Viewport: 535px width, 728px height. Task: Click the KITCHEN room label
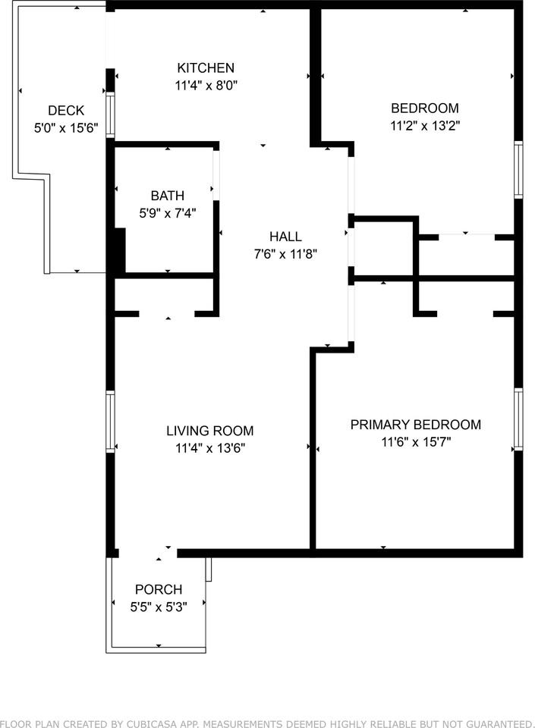point(206,67)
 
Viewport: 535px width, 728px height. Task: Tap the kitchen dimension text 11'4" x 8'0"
point(206,86)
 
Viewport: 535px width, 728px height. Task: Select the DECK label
point(66,111)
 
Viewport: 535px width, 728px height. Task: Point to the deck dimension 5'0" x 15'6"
point(66,127)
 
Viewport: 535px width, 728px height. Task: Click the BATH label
point(167,196)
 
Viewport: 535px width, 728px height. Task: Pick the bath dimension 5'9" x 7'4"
point(167,213)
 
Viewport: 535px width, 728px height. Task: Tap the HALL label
point(285,237)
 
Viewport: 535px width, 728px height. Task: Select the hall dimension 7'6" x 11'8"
point(285,254)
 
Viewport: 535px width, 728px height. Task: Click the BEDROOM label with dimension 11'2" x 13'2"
point(424,108)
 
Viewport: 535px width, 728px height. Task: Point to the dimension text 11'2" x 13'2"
point(424,126)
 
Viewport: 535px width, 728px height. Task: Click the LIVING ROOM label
point(210,431)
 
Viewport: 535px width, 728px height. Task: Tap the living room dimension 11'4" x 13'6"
point(210,448)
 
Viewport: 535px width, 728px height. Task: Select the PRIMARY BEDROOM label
point(416,425)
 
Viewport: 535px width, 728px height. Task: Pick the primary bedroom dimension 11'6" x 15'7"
point(416,441)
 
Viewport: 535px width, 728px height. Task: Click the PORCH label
point(159,589)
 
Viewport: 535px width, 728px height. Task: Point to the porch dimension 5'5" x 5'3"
point(159,607)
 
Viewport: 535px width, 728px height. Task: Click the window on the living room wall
point(110,422)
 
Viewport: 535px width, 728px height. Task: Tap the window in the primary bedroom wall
point(518,419)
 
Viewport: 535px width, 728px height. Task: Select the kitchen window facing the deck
point(110,115)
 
